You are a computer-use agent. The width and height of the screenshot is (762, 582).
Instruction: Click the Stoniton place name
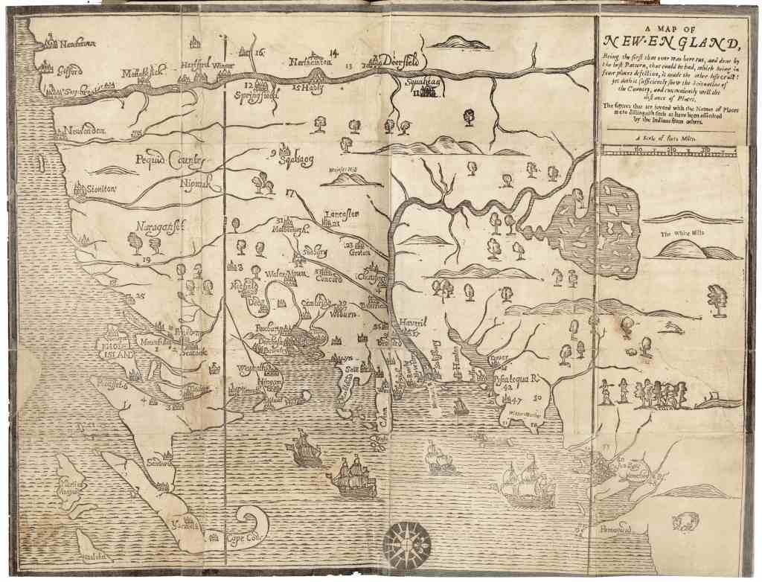(x=100, y=190)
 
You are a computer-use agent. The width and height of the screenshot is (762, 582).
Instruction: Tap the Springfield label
(x=256, y=96)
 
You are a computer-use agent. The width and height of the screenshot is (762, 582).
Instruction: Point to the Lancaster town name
(x=341, y=214)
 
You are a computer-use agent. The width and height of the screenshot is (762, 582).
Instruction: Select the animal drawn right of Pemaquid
(x=685, y=520)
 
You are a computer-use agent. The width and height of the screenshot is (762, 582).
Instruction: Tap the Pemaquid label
(x=614, y=530)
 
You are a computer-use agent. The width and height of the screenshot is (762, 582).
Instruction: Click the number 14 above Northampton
(x=333, y=51)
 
